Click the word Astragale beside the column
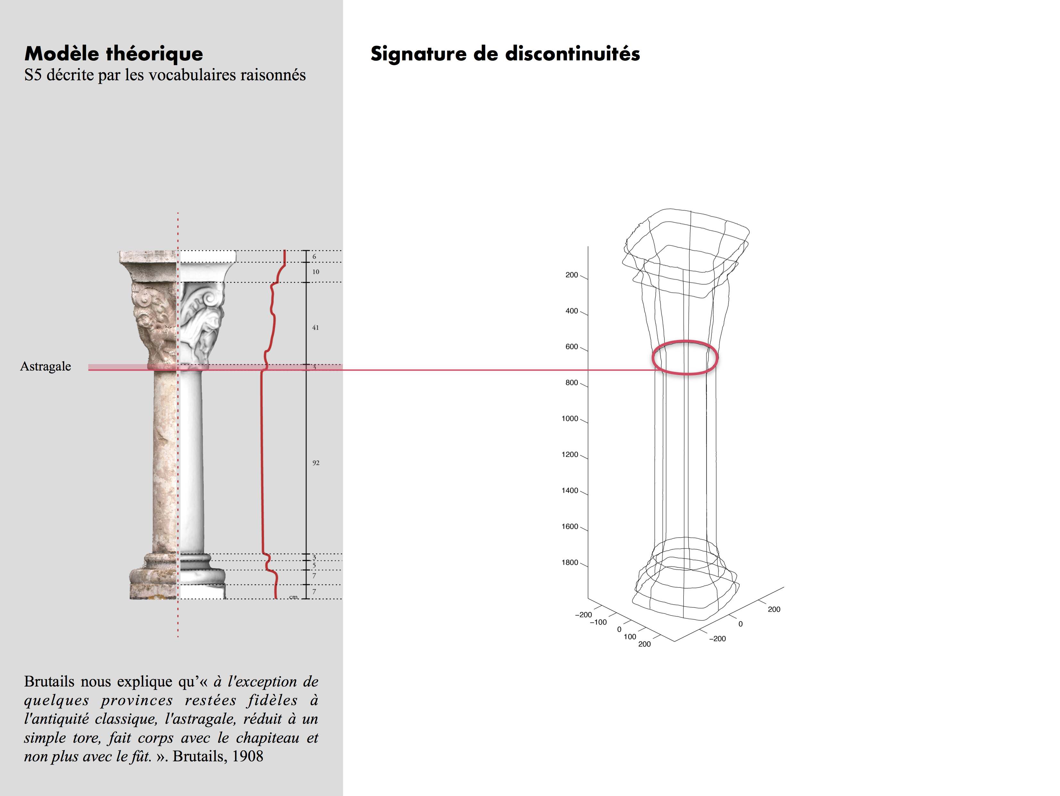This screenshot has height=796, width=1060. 46,366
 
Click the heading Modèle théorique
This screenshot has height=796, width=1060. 114,53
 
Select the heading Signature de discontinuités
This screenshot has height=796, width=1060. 505,53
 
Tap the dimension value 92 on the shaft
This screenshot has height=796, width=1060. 316,463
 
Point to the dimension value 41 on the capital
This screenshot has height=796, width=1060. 315,328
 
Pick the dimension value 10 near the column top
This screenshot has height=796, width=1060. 316,272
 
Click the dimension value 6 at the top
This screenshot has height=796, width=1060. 314,257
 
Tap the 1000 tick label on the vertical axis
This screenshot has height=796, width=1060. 570,419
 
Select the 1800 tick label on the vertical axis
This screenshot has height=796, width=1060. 570,563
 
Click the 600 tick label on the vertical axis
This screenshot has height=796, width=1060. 572,347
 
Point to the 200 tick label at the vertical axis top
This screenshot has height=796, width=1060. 572,275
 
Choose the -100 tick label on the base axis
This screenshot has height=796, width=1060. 598,622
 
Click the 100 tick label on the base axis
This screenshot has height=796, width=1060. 630,637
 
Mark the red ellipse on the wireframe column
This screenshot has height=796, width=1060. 685,341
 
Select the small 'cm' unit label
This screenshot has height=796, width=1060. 293,597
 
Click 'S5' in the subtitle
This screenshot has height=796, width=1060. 33,75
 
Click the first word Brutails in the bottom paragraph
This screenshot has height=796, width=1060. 49,681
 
